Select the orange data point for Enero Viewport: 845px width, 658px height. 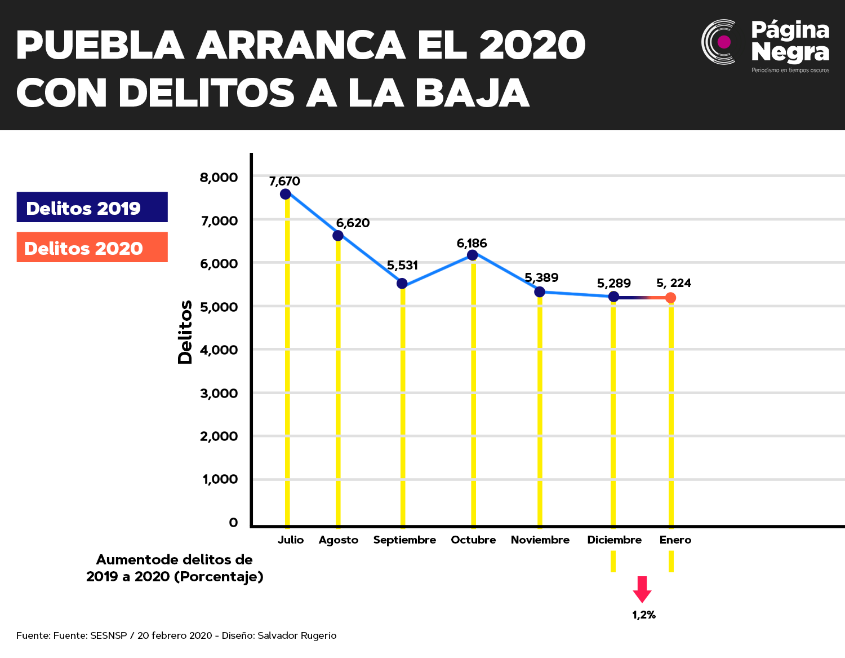(670, 298)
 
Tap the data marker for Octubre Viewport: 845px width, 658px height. (473, 255)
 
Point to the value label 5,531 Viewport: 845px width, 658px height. (402, 266)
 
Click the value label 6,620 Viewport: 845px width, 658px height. (353, 223)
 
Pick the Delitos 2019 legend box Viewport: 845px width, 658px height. (92, 207)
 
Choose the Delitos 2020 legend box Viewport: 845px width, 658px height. (92, 247)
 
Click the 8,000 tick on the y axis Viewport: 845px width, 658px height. (219, 178)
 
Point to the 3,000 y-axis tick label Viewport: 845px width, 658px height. (219, 394)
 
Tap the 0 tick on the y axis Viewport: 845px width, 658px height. (233, 522)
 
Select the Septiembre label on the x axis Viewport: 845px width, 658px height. (404, 540)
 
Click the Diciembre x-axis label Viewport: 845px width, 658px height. (615, 540)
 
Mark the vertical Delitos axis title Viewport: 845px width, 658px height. (185, 332)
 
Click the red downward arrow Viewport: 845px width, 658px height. (642, 590)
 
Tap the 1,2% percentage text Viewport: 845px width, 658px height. (644, 615)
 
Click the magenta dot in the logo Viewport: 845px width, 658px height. (724, 42)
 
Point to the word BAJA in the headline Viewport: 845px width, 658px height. (473, 94)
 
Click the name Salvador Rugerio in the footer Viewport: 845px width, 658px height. (297, 635)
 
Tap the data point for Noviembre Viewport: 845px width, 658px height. (540, 292)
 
